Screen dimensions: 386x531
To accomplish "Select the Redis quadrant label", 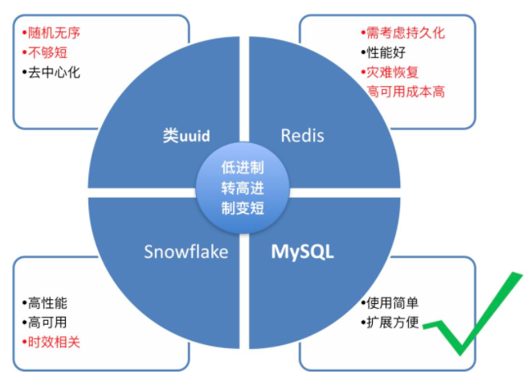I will pyautogui.click(x=302, y=135).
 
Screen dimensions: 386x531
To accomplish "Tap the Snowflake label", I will pyautogui.click(x=186, y=252).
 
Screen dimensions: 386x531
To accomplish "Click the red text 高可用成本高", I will pyautogui.click(x=405, y=92).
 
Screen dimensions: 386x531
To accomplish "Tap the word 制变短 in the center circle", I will pyautogui.click(x=243, y=207).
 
